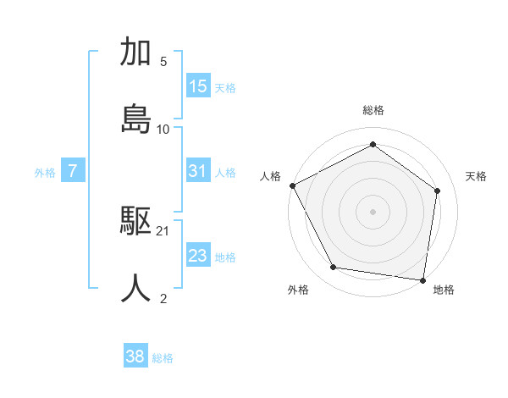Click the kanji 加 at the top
(x=136, y=53)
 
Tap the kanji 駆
(x=136, y=222)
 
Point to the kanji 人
(x=136, y=288)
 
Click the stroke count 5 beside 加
(x=163, y=62)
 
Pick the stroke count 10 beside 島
(x=163, y=129)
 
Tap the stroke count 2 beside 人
(x=163, y=298)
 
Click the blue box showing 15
(x=198, y=86)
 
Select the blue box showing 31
(x=198, y=171)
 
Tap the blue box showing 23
(x=198, y=256)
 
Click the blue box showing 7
(x=73, y=171)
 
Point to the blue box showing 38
(x=135, y=357)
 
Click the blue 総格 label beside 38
(x=163, y=358)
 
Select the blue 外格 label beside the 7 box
(x=45, y=173)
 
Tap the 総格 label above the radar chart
(x=373, y=110)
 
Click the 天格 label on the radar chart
(x=477, y=176)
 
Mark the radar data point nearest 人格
(x=292, y=185)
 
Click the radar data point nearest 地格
(x=423, y=279)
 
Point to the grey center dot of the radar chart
(x=373, y=211)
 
